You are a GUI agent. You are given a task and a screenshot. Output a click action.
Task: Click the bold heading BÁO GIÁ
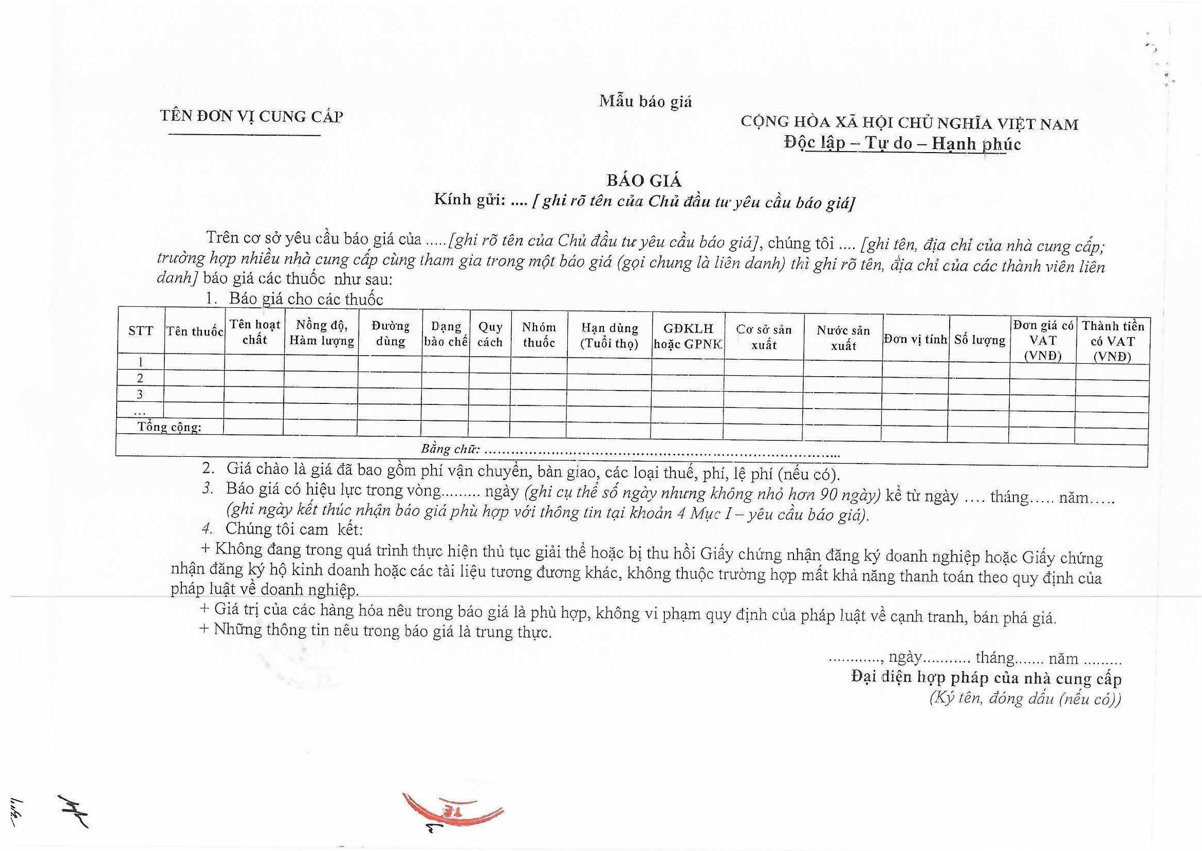(x=644, y=180)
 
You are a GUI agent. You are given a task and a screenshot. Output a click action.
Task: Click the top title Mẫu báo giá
(x=645, y=101)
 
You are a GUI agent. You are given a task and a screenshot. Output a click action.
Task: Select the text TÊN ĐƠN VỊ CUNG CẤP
(x=251, y=116)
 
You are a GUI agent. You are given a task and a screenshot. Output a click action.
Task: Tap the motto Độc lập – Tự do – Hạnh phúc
(x=902, y=143)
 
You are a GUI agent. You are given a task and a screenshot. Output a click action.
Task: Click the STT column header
(x=141, y=330)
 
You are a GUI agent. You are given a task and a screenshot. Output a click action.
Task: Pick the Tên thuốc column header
(x=195, y=331)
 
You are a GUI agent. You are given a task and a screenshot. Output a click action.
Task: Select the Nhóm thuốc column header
(x=539, y=335)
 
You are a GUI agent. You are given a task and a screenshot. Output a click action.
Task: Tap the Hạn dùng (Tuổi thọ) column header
(x=610, y=336)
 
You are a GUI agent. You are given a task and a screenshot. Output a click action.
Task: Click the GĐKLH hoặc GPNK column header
(x=688, y=337)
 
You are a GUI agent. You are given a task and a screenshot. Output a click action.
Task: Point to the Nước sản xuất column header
(x=843, y=338)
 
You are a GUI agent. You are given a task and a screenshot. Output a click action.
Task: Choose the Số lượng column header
(x=979, y=340)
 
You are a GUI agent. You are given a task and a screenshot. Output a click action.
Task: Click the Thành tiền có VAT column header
(x=1113, y=341)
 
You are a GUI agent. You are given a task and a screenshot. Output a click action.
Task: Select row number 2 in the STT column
(x=140, y=378)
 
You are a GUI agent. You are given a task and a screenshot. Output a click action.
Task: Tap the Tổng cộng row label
(x=169, y=427)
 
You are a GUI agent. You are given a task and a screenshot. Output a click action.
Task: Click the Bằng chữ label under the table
(x=450, y=449)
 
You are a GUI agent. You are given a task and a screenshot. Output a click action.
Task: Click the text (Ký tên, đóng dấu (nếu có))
(x=1025, y=698)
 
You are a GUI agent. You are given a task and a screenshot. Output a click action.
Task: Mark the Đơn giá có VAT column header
(x=1043, y=340)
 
